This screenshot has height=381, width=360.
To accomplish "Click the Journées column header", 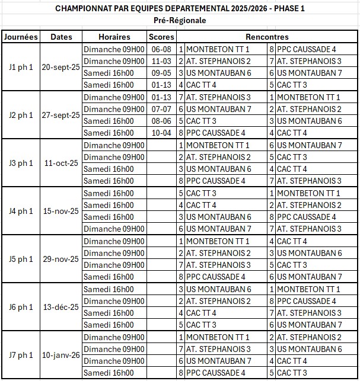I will pyautogui.click(x=21, y=37).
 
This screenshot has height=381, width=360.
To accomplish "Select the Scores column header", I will pyautogui.click(x=161, y=37).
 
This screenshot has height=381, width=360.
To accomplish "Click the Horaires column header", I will pyautogui.click(x=114, y=37).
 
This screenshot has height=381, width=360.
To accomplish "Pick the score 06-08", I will pyautogui.click(x=161, y=49).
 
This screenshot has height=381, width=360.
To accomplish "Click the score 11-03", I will pyautogui.click(x=161, y=61).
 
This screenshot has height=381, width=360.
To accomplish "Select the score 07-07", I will pyautogui.click(x=161, y=109).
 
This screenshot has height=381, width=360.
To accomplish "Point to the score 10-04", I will pyautogui.click(x=161, y=133).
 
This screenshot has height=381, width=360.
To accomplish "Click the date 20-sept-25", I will pyautogui.click(x=61, y=67).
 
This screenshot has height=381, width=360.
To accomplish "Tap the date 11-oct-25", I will pyautogui.click(x=61, y=163).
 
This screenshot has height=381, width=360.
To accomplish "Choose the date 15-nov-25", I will pyautogui.click(x=61, y=211).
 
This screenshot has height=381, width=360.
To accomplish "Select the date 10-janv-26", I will pyautogui.click(x=61, y=355).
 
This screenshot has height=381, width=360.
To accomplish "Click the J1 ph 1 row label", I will pyautogui.click(x=21, y=67).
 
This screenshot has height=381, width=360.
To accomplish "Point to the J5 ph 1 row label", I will pyautogui.click(x=21, y=259).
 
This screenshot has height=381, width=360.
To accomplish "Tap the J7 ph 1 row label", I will pyautogui.click(x=21, y=355).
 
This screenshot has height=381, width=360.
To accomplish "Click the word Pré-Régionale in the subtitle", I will pyautogui.click(x=180, y=20).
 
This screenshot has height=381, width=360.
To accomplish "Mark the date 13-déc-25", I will pyautogui.click(x=61, y=307).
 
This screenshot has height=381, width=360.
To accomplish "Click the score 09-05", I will pyautogui.click(x=161, y=73).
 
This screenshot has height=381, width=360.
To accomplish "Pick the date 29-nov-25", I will pyautogui.click(x=61, y=259).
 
